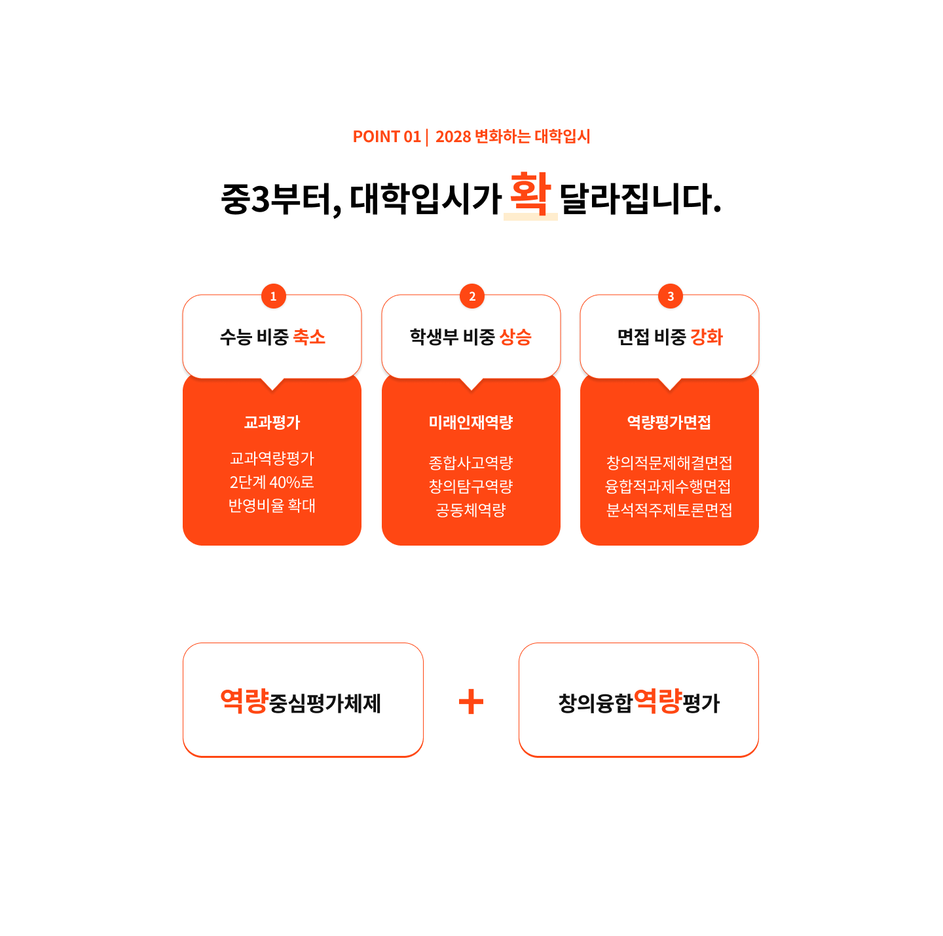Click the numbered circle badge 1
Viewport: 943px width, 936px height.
click(273, 296)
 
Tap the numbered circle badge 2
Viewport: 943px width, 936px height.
click(471, 296)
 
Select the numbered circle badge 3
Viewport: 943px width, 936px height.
click(670, 296)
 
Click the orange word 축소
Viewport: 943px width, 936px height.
click(309, 337)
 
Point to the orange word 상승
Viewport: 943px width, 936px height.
click(515, 337)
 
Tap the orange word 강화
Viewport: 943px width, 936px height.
click(707, 337)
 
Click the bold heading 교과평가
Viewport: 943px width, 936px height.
click(272, 422)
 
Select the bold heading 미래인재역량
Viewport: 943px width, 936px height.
click(471, 422)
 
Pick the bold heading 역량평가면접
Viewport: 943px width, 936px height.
click(669, 422)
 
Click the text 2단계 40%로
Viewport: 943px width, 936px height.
click(272, 482)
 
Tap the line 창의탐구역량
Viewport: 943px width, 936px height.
click(471, 486)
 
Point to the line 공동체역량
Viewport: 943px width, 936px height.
click(471, 510)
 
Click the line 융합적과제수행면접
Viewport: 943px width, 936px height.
click(669, 486)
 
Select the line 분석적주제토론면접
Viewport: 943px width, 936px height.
click(669, 510)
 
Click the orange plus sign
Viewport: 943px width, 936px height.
click(471, 702)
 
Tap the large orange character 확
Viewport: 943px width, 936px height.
click(530, 193)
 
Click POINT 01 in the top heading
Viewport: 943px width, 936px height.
click(386, 136)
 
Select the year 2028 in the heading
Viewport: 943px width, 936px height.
click(453, 136)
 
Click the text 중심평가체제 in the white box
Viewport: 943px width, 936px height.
click(325, 703)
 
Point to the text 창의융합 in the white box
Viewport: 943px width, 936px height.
click(595, 703)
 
